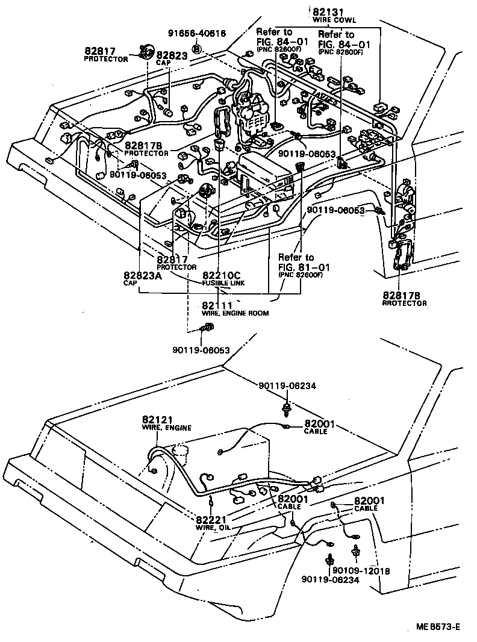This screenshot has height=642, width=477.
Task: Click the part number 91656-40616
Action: click(197, 34)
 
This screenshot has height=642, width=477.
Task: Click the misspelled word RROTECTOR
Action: click(405, 304)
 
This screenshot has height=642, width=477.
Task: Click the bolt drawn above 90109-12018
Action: click(356, 550)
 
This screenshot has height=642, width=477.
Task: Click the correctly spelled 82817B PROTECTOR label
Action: click(148, 149)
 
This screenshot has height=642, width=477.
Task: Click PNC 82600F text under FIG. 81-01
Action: click(301, 275)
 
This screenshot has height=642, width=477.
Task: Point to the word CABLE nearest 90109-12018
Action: click(366, 508)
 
